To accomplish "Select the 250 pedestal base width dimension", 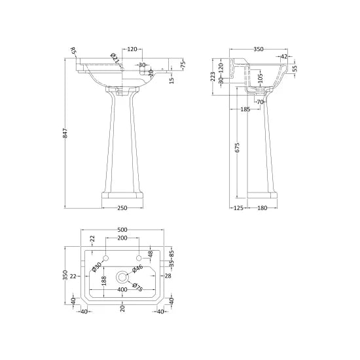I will click(x=122, y=208).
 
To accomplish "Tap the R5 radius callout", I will click(x=73, y=50).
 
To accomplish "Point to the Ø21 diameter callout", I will click(x=115, y=60).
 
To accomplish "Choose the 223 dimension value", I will click(x=212, y=76).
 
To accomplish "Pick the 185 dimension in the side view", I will click(x=245, y=109).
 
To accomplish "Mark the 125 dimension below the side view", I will click(x=238, y=208).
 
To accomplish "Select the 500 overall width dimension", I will click(x=122, y=230).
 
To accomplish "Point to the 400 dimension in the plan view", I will click(x=122, y=289).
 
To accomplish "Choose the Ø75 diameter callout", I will click(x=137, y=284).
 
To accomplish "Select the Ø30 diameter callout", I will click(x=96, y=267).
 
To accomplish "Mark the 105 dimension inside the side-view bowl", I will click(x=260, y=79).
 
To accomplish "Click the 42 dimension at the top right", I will click(x=285, y=57).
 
